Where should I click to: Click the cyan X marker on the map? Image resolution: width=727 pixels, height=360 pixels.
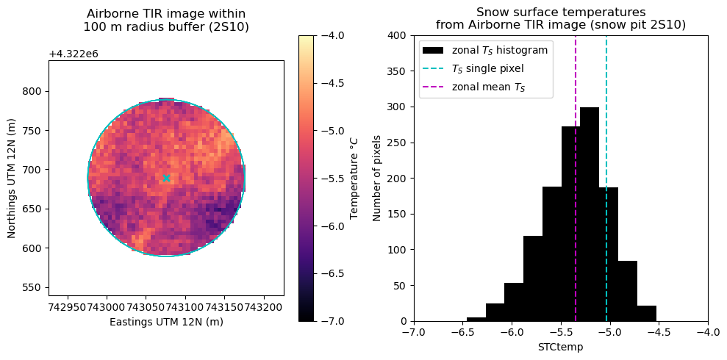[x=166, y=178]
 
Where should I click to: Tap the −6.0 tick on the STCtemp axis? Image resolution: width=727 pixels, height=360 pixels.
[x=512, y=332]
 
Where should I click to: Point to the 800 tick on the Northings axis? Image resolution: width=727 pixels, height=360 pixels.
[x=34, y=91]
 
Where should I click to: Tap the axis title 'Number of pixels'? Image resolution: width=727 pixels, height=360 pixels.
[x=377, y=178]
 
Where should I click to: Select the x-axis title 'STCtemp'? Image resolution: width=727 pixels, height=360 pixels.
[x=561, y=347]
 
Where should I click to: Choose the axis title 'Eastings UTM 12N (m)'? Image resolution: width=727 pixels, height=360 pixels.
[x=166, y=322]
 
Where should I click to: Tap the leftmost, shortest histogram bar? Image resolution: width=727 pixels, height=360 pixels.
[x=476, y=319]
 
